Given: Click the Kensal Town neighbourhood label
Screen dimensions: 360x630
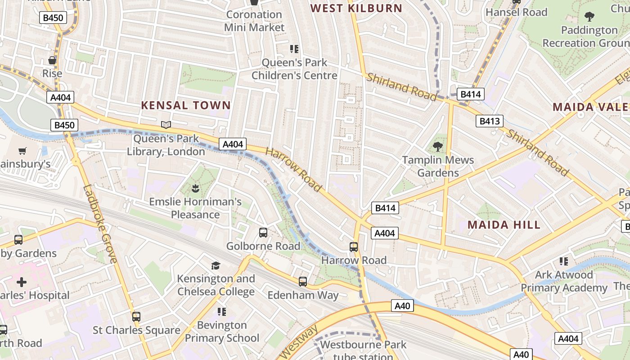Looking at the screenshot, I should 186,106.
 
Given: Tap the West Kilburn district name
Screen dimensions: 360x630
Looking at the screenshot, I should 356,8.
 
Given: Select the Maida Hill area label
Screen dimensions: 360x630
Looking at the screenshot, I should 504,225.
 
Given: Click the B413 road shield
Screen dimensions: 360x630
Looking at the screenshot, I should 490,121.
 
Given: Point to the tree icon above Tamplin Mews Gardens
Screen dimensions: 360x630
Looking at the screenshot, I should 437,147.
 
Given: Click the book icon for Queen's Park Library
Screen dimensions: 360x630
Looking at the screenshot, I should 166,125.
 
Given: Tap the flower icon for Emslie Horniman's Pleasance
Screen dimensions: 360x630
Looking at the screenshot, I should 195,188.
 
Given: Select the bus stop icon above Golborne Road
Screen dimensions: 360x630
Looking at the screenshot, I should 263,233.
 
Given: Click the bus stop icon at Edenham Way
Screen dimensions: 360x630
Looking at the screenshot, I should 303,282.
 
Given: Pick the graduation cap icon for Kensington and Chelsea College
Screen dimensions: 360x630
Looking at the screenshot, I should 216,265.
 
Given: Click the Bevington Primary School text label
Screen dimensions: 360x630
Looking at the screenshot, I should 222,332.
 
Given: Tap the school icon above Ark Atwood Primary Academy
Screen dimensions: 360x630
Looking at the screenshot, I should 563,261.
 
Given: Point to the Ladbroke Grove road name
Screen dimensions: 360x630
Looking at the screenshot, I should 100,224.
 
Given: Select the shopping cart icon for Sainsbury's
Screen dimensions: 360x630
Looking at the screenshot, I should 22,151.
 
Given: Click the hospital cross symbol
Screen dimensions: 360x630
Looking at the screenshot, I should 21,282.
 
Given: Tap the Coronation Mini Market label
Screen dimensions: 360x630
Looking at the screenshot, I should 254,21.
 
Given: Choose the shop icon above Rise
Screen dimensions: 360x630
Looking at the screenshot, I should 52,60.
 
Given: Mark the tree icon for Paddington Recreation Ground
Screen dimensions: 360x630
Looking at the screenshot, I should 589,17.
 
